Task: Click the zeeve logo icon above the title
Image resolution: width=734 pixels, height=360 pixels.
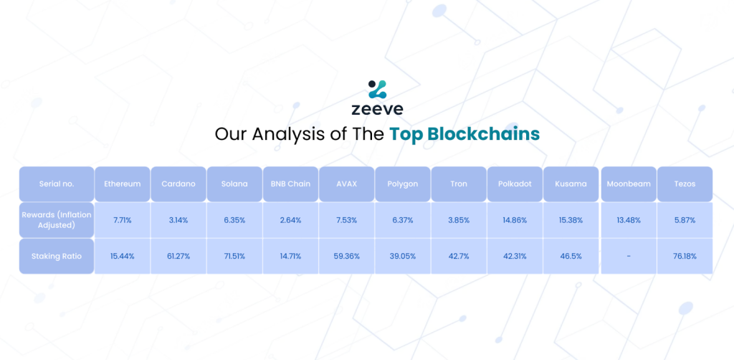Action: click(377, 90)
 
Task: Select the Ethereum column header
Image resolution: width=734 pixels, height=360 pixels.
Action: click(122, 184)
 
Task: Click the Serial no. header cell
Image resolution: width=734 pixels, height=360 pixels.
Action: click(57, 184)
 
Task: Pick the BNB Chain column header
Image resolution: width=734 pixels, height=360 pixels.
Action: click(290, 184)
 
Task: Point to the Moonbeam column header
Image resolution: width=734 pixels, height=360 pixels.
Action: click(629, 184)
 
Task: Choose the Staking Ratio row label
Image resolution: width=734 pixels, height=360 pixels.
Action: click(57, 256)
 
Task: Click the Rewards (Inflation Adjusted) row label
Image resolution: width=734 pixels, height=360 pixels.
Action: click(57, 220)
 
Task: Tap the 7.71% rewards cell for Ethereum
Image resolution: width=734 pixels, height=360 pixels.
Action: click(122, 220)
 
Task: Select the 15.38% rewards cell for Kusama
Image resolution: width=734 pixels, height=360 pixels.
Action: click(571, 220)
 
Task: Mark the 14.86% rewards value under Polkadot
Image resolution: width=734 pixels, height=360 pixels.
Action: click(515, 220)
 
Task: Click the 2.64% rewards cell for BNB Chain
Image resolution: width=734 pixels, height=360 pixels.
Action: click(290, 220)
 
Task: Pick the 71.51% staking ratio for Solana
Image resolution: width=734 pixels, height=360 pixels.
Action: click(234, 256)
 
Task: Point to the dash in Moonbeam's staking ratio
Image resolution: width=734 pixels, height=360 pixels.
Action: click(628, 257)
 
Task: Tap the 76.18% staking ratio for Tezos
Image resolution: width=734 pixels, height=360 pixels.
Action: click(685, 256)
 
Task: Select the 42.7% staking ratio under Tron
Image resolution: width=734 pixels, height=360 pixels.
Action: click(459, 256)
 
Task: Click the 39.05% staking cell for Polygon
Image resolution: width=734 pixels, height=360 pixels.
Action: click(403, 256)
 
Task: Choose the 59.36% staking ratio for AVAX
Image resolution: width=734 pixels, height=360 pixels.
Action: click(346, 256)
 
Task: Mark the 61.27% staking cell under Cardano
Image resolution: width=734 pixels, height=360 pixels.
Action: click(178, 256)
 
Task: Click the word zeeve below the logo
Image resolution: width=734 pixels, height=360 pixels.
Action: click(377, 109)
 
